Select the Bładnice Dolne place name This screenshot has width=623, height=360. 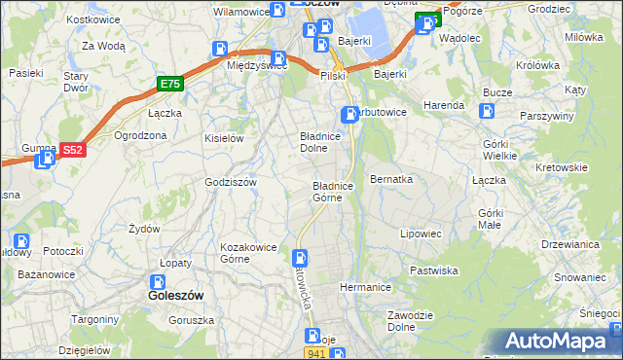[x=319, y=143]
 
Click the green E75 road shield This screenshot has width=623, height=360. [x=170, y=85]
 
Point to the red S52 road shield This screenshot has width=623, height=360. [x=72, y=150]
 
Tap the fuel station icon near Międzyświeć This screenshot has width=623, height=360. [x=221, y=49]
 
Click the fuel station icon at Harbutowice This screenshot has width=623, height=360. [x=348, y=115]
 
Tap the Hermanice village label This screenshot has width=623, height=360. [x=365, y=287]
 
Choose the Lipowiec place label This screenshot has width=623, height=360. [x=421, y=234]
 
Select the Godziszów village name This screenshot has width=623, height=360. [x=230, y=182]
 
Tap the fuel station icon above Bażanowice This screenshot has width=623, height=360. [x=20, y=242]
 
